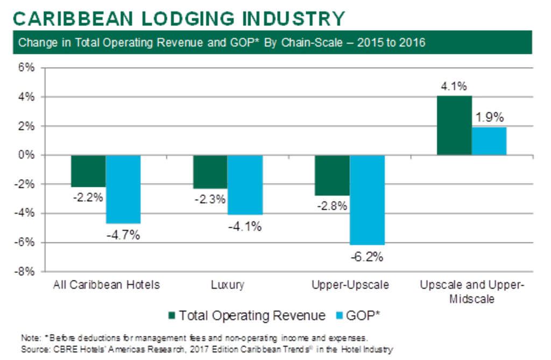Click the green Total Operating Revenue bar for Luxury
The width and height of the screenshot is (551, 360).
(210, 172)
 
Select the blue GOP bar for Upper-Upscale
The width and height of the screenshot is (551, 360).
(368, 200)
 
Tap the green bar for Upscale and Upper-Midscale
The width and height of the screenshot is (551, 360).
(454, 125)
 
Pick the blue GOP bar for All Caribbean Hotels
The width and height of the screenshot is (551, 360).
(123, 189)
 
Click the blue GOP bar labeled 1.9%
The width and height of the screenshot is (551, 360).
(489, 141)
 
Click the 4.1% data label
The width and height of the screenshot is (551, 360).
(454, 86)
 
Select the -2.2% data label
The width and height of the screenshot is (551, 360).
(88, 197)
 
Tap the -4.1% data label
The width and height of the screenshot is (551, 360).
(245, 226)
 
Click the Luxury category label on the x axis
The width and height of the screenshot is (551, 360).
(228, 285)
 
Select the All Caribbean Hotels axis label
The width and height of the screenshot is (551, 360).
(107, 285)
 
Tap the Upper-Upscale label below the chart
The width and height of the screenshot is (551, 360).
(350, 285)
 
